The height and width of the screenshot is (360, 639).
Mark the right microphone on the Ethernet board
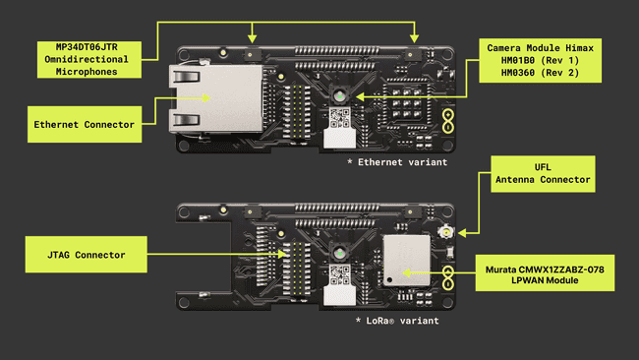tap(414, 46)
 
